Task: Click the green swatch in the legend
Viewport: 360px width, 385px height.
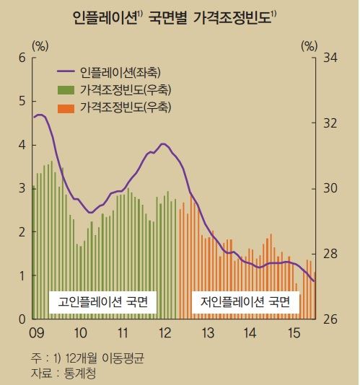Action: click(x=66, y=90)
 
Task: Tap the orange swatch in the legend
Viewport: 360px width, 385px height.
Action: click(x=66, y=107)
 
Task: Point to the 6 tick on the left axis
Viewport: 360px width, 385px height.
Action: click(x=22, y=58)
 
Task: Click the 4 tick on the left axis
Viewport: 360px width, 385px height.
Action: click(x=22, y=145)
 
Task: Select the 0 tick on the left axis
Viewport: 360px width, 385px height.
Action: click(x=22, y=319)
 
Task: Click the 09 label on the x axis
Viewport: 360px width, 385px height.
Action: click(x=38, y=333)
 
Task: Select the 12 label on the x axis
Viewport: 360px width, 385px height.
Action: click(x=165, y=333)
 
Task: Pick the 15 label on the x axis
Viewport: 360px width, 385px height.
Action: click(x=294, y=333)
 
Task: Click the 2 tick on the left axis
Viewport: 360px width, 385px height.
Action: click(x=22, y=232)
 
